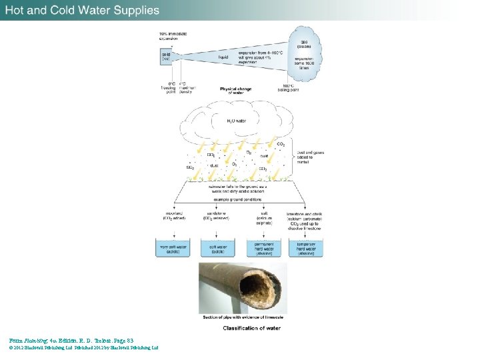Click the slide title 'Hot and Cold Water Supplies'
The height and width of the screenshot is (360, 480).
pos(83,10)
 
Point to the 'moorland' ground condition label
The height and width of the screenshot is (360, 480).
pos(175,215)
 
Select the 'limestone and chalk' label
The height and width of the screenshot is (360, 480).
pos(307,215)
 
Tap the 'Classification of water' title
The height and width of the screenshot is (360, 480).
pos(243,327)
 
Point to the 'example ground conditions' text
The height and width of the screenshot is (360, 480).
pos(241,199)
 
